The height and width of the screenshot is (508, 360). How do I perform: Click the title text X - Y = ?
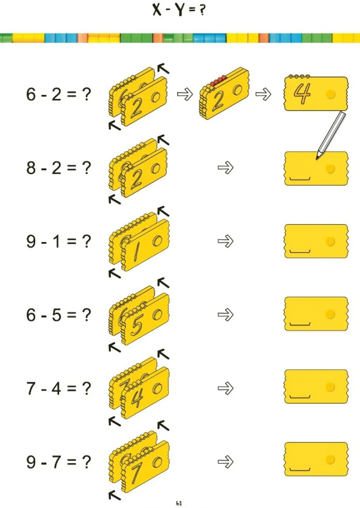click(x=179, y=10)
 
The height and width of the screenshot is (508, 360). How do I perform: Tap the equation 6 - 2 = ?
click(x=59, y=94)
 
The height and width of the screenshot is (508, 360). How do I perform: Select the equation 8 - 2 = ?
click(x=59, y=168)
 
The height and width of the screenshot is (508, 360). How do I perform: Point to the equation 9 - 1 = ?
click(x=59, y=241)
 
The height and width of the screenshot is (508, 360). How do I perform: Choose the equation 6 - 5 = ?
click(x=59, y=315)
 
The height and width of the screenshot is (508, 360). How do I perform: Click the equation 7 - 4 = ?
click(x=59, y=388)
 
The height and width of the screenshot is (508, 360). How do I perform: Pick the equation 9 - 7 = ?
click(x=59, y=462)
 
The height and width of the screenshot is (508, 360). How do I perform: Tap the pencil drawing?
click(x=331, y=135)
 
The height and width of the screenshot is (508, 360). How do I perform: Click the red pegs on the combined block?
click(x=218, y=81)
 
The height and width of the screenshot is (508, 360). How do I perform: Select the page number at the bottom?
click(x=179, y=504)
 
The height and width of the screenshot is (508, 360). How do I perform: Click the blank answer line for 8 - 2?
click(x=300, y=179)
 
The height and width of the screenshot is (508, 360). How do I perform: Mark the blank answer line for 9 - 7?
click(x=300, y=469)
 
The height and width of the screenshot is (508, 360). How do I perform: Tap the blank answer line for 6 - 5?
click(x=300, y=324)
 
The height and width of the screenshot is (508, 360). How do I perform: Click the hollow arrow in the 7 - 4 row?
click(x=225, y=388)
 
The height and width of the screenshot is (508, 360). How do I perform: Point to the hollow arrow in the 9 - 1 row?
click(x=225, y=241)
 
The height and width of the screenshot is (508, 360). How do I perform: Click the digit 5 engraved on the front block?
click(x=137, y=325)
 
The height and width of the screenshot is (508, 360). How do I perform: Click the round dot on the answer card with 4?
click(x=330, y=94)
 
